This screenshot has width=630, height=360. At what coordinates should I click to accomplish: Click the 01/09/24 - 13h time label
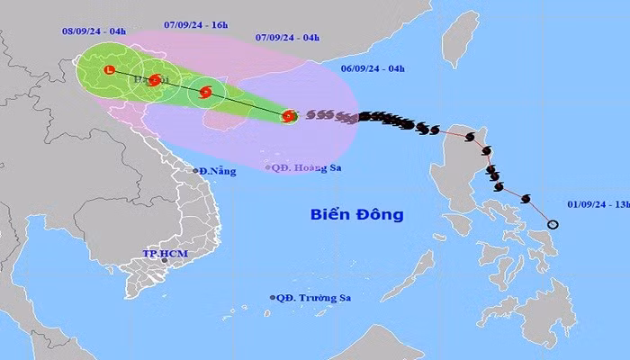(x=597, y=202)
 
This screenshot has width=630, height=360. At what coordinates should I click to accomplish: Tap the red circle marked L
(x=109, y=69)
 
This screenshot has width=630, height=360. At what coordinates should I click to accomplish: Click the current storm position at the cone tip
(x=288, y=115)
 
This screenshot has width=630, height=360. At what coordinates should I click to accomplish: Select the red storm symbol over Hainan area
(x=205, y=91)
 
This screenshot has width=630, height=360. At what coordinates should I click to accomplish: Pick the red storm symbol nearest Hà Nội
(x=155, y=80)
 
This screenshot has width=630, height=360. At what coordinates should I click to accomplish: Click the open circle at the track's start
(x=553, y=225)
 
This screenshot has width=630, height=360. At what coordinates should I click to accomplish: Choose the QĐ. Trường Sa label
(x=311, y=298)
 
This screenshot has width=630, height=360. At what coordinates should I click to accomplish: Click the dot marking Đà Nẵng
(x=196, y=171)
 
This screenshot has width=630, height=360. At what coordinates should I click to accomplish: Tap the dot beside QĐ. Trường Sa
(x=272, y=298)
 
